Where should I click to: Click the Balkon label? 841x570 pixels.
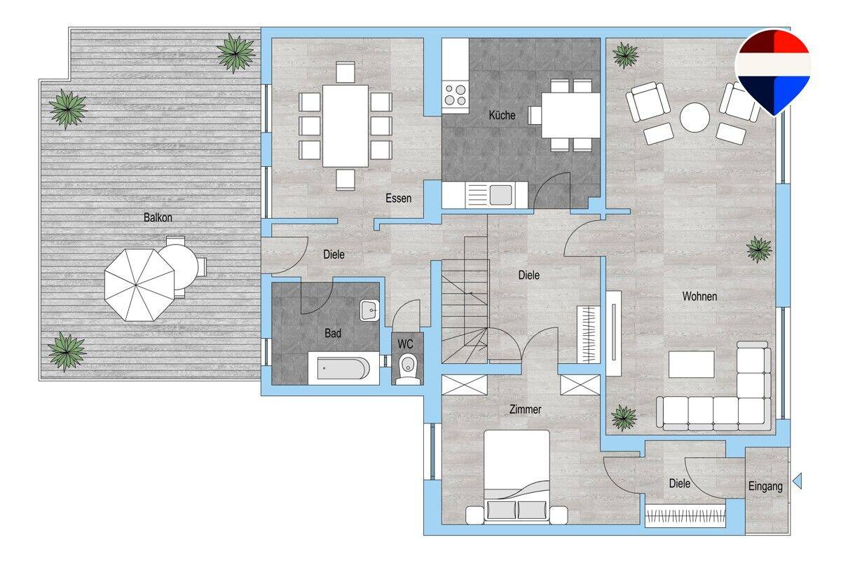(x=158, y=217)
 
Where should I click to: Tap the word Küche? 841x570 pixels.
(x=502, y=115)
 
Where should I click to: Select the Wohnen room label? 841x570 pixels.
(x=699, y=297)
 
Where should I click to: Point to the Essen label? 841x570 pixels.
(x=398, y=198)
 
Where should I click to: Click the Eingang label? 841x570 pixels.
(x=765, y=487)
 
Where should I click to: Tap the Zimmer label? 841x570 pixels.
(x=525, y=409)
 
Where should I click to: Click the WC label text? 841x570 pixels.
(x=405, y=344)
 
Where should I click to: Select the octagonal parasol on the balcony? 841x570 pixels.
(x=139, y=285)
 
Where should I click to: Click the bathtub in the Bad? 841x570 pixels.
(x=343, y=368)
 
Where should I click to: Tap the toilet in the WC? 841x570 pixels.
(x=408, y=369)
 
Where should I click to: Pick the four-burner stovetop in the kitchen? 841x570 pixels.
(x=455, y=95)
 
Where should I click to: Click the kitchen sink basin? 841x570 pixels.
(x=500, y=195)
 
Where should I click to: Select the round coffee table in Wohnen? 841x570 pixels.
(x=695, y=117)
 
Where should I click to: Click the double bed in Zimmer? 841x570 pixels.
(x=517, y=476)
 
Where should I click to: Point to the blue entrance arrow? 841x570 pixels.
(x=797, y=481)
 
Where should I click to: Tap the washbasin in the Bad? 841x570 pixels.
(x=369, y=310)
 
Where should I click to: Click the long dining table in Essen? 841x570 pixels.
(x=345, y=125)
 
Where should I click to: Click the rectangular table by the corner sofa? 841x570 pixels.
(x=691, y=365)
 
